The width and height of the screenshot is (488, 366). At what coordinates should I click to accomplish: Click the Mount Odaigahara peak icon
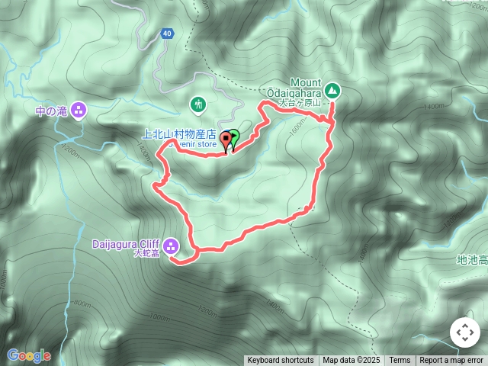click(333, 89)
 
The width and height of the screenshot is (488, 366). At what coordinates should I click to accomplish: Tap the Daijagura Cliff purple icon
click(170, 246)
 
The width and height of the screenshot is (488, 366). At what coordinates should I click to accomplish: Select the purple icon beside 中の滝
click(80, 111)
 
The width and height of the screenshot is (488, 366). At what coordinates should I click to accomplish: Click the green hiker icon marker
click(198, 104)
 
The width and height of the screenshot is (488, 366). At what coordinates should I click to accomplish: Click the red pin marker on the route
click(226, 140)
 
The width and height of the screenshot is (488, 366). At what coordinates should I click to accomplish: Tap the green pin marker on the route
click(234, 139)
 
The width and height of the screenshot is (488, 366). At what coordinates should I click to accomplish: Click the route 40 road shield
click(167, 34)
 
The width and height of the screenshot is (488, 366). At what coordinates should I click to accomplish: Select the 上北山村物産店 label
click(178, 133)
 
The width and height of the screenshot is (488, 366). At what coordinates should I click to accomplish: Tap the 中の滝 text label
click(52, 111)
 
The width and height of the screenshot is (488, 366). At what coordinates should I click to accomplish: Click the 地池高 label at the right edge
click(471, 260)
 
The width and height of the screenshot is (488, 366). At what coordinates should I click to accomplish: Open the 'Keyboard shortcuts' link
click(280, 361)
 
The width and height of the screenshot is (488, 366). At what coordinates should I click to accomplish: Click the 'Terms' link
click(400, 361)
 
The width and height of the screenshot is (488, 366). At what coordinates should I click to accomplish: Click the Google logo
click(28, 355)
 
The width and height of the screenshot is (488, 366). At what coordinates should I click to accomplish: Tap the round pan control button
click(464, 332)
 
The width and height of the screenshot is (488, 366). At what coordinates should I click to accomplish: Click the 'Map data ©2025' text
click(352, 361)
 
